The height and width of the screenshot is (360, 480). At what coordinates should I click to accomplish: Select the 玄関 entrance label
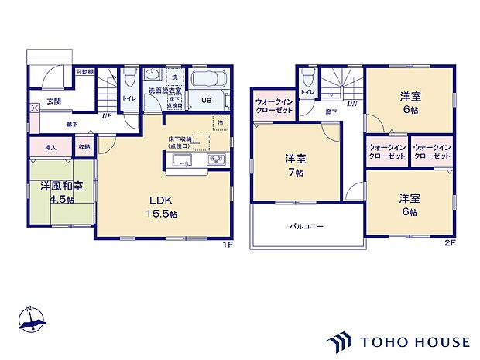coord(53,101)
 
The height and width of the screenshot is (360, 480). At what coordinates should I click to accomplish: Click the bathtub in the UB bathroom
coord(205,80)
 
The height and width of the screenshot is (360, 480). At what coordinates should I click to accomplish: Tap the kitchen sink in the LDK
coord(183,161)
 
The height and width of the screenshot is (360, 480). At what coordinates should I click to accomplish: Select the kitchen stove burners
coord(215,161)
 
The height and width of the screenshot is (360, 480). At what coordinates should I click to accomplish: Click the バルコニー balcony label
coord(307,227)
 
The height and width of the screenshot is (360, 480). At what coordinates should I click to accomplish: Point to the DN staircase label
coord(351,104)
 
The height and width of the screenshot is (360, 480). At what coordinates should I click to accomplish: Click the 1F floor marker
coord(228,245)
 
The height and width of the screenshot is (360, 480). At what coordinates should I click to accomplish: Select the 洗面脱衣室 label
coord(162,91)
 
